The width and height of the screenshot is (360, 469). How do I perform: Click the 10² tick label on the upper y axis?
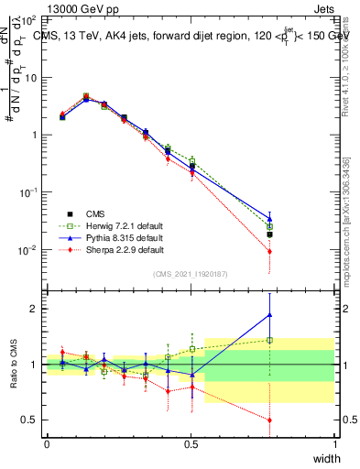click(x=29, y=19)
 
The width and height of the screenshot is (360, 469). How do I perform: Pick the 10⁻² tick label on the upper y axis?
click(x=29, y=250)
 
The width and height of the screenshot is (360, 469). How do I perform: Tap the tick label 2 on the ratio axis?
click(x=36, y=309)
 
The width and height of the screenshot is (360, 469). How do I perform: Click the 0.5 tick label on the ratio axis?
click(x=32, y=420)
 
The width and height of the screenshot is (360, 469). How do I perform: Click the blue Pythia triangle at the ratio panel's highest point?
click(x=269, y=315)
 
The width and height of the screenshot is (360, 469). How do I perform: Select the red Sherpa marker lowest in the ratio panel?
click(x=269, y=420)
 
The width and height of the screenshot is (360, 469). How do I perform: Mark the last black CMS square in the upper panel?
click(x=269, y=234)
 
